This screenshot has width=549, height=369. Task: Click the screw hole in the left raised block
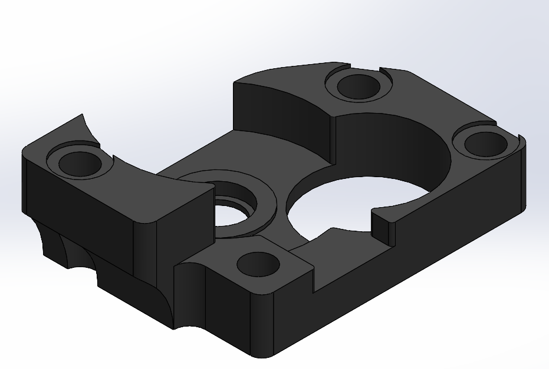78,162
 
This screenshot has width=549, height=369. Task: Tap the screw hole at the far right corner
482,143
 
